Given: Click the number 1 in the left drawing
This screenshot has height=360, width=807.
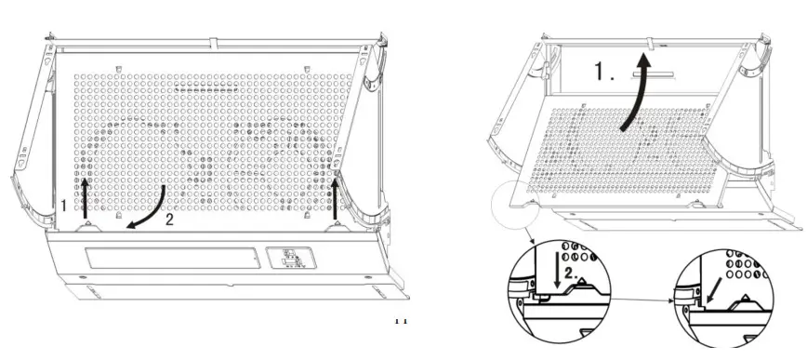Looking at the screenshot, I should coord(64,204).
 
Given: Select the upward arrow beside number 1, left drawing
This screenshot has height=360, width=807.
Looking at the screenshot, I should coord(86,197).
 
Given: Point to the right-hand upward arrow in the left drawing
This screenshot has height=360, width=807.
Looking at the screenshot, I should coord(337,197).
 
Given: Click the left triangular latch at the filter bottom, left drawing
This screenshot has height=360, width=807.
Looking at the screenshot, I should coord(86,223).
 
